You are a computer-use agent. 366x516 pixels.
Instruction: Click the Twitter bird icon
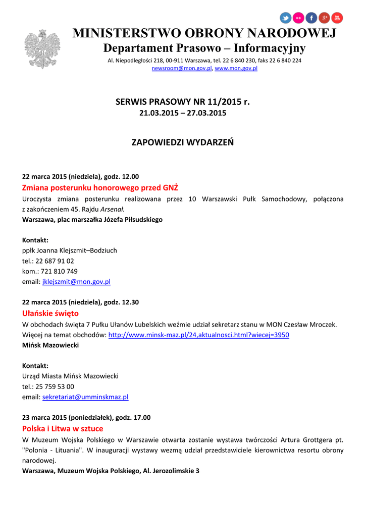[x=286, y=18]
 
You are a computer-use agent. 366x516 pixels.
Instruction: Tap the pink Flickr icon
[x=299, y=18]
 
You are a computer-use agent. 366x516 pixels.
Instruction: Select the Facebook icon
[x=311, y=18]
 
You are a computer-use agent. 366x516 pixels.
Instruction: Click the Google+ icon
[x=324, y=18]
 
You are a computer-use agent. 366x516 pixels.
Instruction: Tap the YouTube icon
[x=337, y=18]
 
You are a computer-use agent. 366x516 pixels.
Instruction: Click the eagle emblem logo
[x=42, y=48]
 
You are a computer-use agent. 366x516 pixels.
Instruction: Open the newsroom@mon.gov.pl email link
[x=182, y=68]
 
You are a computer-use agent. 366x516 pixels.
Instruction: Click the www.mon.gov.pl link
[x=236, y=68]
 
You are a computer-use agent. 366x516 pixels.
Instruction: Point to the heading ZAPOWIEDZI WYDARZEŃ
[x=183, y=142]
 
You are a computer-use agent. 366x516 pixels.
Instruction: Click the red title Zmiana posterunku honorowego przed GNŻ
[x=100, y=188]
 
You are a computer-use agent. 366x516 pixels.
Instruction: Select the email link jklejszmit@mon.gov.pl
[x=76, y=282]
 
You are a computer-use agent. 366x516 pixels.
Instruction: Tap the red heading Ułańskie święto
[x=50, y=313]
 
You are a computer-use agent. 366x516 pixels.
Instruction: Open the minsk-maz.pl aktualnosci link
[x=199, y=335]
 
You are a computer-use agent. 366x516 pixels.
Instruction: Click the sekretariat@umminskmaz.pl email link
[x=85, y=397]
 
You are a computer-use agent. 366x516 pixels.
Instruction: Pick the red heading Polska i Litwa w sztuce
[x=63, y=429]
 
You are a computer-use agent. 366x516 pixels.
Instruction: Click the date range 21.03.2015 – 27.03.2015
[x=183, y=113]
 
